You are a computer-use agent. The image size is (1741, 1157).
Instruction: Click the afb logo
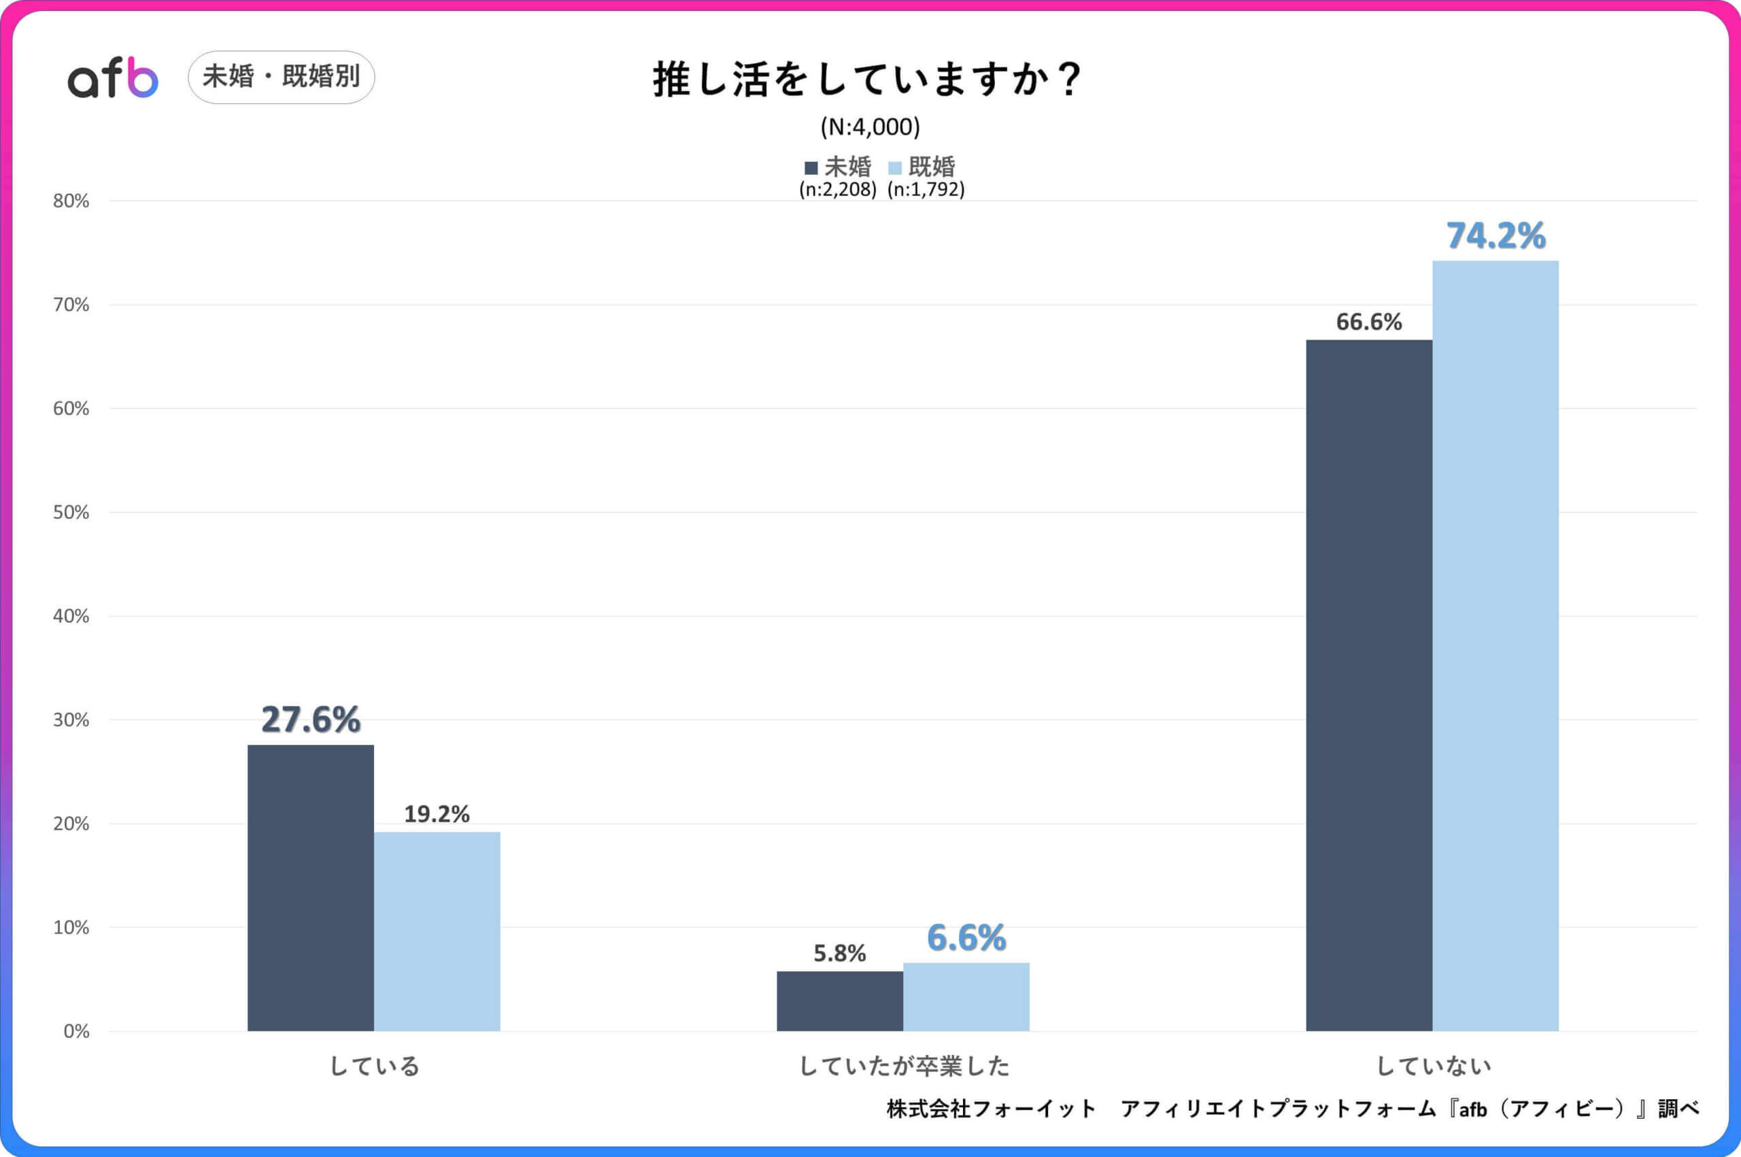[x=113, y=78]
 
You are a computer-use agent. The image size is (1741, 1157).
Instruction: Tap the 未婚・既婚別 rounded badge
[x=281, y=77]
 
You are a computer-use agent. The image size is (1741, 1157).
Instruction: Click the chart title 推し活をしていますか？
[x=868, y=79]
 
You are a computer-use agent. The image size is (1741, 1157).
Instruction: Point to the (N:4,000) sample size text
[x=870, y=127]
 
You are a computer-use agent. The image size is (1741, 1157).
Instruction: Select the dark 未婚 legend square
[x=811, y=167]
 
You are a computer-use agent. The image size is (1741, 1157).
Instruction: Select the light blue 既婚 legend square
[x=895, y=167]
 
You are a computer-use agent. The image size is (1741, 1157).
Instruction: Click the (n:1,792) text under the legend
[x=926, y=190]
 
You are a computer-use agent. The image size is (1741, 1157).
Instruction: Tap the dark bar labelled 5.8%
[x=839, y=1001]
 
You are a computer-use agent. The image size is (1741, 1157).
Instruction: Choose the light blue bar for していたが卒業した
[x=966, y=996]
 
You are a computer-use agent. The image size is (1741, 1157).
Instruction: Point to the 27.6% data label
[x=311, y=720]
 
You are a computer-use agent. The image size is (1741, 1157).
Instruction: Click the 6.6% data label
[x=966, y=938]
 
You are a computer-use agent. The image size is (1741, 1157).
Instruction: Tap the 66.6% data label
[x=1368, y=322]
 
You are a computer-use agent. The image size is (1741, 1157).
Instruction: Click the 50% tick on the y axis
[x=71, y=513]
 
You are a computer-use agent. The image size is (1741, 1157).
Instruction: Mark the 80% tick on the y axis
[x=71, y=201]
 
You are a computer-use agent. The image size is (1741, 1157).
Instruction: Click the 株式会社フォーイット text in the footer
[x=991, y=1108]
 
